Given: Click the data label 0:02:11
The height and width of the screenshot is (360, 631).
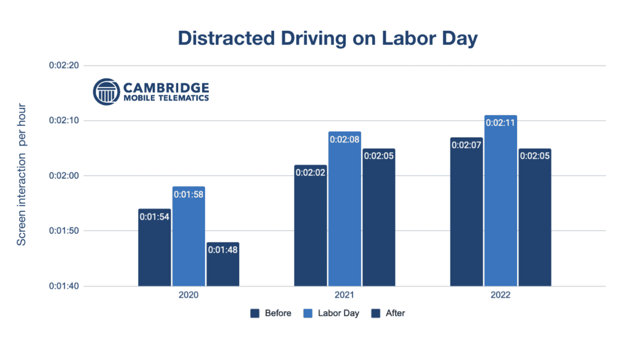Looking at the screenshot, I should coord(501,123).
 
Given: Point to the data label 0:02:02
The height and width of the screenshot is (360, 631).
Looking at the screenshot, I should coord(311,173).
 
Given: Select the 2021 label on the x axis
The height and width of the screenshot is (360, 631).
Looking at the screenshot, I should coord(344,296).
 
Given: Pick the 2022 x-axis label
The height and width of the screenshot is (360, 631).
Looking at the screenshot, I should coord(500,296).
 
